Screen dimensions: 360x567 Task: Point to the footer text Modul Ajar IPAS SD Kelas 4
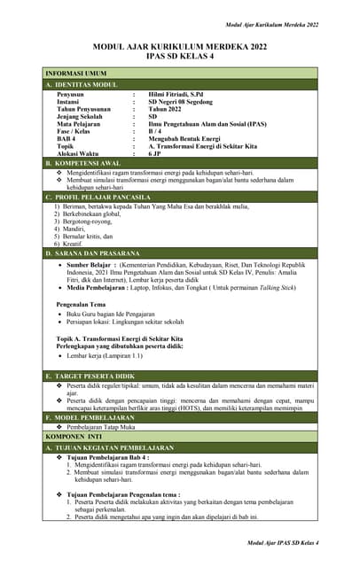(283, 541)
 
